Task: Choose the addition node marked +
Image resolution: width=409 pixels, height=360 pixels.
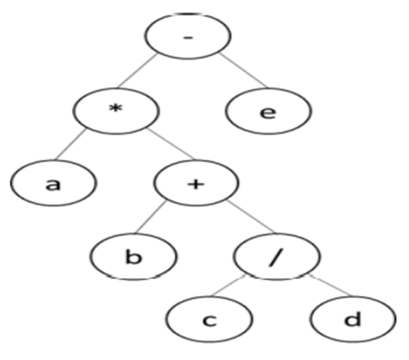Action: pos(194,184)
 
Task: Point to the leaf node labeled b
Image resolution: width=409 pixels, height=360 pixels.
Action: pos(134,256)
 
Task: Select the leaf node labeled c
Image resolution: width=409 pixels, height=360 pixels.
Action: pos(208,320)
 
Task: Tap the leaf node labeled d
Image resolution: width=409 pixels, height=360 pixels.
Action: pos(353,320)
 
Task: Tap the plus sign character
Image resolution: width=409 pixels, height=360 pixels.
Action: pos(194,184)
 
